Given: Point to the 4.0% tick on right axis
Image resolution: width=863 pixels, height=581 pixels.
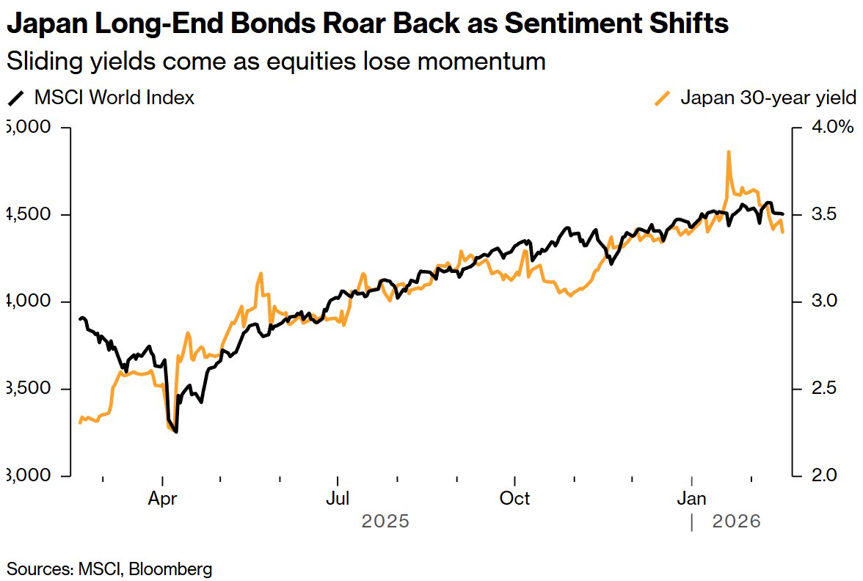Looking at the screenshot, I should [x=831, y=128].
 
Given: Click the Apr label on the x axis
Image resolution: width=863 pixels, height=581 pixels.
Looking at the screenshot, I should [x=162, y=499].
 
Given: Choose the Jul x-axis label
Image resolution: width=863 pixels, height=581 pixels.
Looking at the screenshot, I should [x=338, y=499].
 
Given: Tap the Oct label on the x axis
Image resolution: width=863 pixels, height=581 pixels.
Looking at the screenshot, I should [x=514, y=499].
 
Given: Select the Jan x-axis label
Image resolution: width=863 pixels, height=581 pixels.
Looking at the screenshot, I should [x=691, y=499].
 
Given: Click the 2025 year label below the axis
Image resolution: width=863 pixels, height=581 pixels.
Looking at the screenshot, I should [x=385, y=522].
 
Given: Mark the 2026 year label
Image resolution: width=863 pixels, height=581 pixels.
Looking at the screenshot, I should [x=737, y=522].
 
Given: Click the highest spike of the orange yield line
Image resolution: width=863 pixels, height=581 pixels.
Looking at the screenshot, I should [x=728, y=152].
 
